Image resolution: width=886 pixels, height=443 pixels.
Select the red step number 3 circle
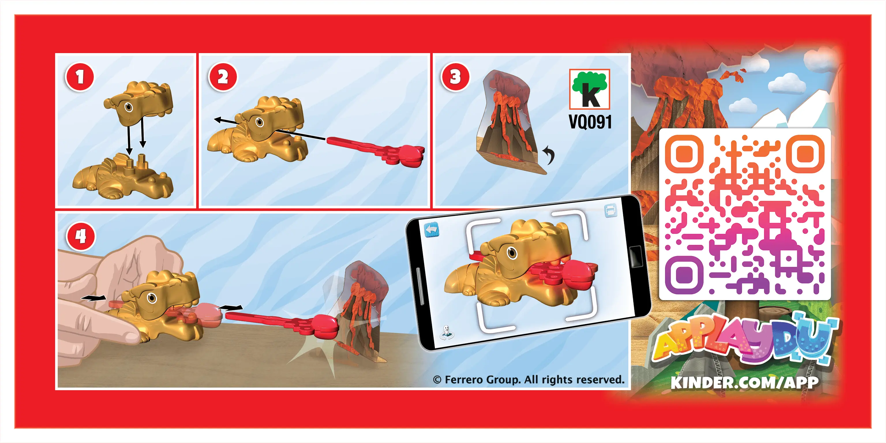tap(455, 77)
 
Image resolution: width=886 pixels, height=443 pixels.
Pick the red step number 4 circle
tap(81, 237)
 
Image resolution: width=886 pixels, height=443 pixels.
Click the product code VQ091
tap(590, 122)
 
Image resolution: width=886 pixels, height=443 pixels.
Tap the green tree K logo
tap(589, 89)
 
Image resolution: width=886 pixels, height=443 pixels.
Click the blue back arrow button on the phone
tap(432, 229)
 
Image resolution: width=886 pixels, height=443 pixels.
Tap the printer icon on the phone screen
tap(610, 210)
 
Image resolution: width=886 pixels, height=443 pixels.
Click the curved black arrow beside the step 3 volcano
tap(549, 154)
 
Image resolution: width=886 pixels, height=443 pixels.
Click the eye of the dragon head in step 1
tap(129, 107)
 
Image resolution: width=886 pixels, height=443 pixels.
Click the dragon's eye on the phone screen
tap(512, 253)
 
